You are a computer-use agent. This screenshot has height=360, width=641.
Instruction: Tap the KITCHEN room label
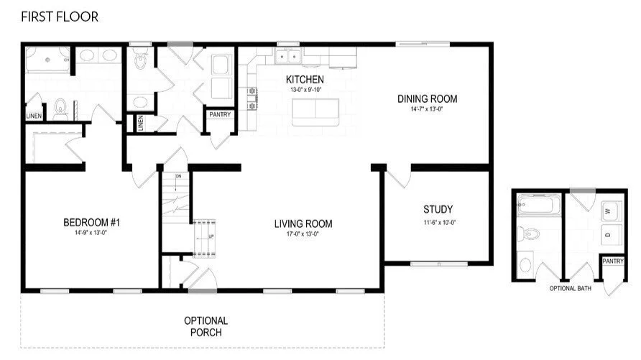click(x=305, y=79)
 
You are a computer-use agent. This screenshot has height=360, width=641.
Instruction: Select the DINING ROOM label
click(x=427, y=99)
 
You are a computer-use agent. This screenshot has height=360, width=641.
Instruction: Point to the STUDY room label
click(x=437, y=210)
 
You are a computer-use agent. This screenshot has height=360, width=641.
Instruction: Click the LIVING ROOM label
click(x=303, y=224)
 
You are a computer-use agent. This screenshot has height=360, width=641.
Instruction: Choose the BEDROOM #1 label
click(x=91, y=222)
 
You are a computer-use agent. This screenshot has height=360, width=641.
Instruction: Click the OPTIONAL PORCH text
click(x=206, y=326)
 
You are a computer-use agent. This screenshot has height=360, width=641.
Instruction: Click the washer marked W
click(x=608, y=211)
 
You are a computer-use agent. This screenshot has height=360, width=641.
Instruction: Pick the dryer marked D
click(x=608, y=235)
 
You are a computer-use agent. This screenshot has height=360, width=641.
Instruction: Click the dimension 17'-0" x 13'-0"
click(x=303, y=234)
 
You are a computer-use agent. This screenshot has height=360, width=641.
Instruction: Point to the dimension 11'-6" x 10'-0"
click(x=437, y=223)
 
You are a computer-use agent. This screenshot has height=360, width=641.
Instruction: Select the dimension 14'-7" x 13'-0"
click(x=427, y=109)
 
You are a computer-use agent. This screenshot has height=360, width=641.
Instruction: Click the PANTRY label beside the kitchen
click(x=218, y=114)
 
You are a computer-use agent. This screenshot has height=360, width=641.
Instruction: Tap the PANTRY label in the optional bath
click(x=612, y=262)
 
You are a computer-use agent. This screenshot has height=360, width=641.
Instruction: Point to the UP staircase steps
click(x=205, y=236)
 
